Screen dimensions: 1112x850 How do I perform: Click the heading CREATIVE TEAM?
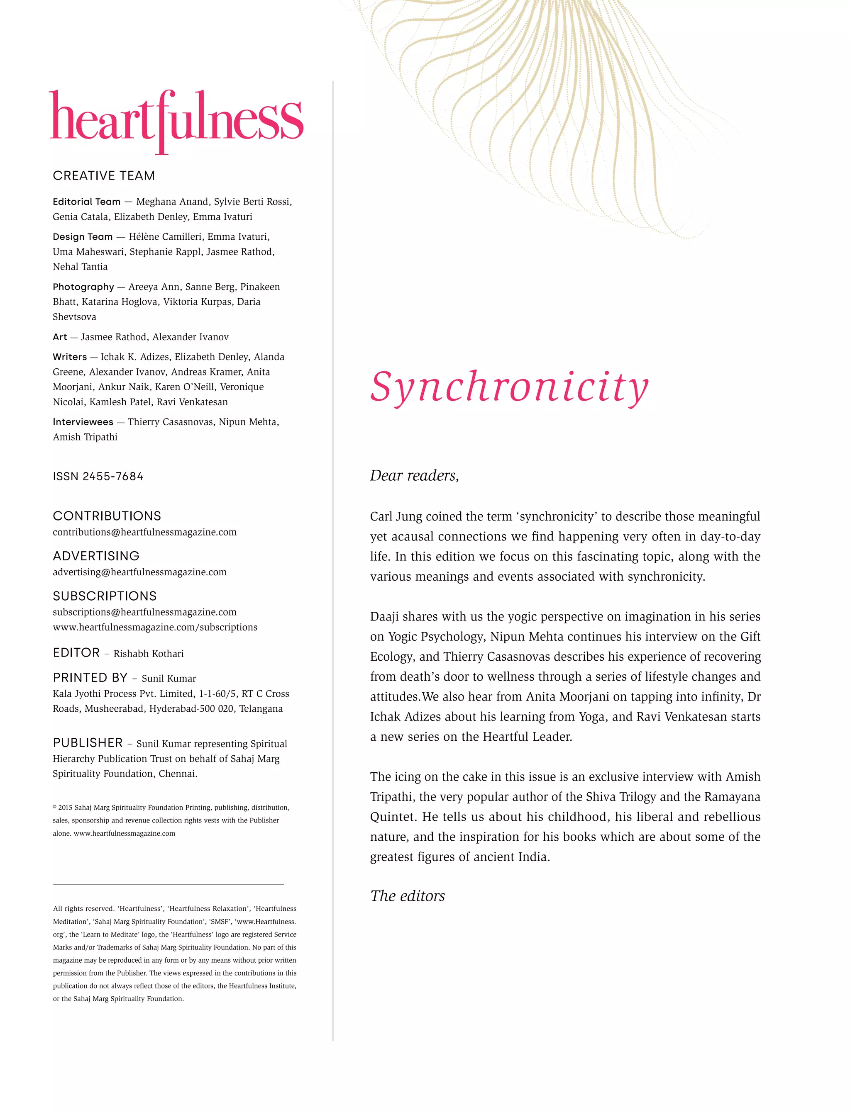click(x=104, y=175)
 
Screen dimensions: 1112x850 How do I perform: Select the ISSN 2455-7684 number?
click(x=98, y=476)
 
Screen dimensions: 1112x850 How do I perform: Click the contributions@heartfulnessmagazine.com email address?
click(x=145, y=532)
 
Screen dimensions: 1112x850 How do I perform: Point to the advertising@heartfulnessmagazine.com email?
click(x=139, y=572)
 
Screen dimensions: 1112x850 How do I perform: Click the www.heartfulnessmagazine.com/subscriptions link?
click(x=155, y=627)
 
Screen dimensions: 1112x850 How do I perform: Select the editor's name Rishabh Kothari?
click(x=148, y=653)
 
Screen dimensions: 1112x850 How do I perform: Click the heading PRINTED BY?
click(x=90, y=678)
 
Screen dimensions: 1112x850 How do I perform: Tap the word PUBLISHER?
click(x=88, y=742)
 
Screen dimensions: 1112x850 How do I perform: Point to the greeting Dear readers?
click(x=414, y=475)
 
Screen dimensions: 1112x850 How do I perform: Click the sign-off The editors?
click(x=407, y=895)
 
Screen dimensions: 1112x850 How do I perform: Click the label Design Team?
click(x=83, y=237)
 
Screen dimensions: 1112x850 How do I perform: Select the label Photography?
click(x=83, y=287)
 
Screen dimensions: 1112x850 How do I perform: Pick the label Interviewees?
click(x=83, y=422)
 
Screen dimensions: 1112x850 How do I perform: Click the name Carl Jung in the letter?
click(x=396, y=516)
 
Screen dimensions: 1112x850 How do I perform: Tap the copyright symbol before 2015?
click(x=55, y=808)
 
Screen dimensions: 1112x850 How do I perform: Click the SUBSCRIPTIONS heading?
click(x=105, y=596)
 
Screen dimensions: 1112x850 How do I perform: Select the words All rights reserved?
click(x=83, y=909)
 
